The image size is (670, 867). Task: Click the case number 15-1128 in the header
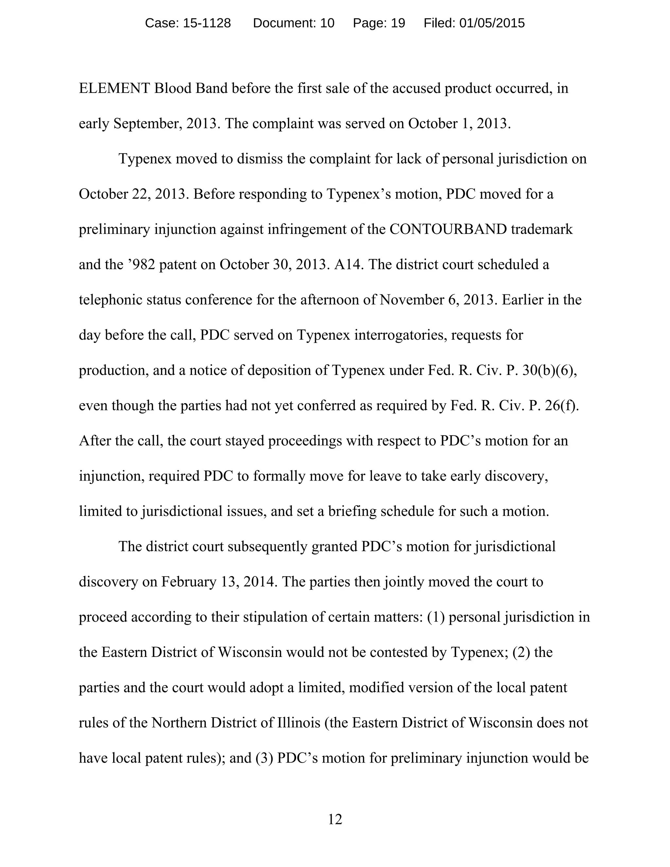click(x=206, y=24)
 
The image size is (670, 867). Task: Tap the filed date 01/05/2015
click(x=492, y=24)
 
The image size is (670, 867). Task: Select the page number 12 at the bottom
click(x=335, y=819)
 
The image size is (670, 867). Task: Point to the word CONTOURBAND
click(x=448, y=229)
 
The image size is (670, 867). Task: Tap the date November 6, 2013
click(x=438, y=300)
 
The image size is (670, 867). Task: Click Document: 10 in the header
click(x=294, y=24)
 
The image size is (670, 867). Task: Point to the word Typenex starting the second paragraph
click(x=145, y=159)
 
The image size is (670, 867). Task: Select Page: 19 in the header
click(x=379, y=24)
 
